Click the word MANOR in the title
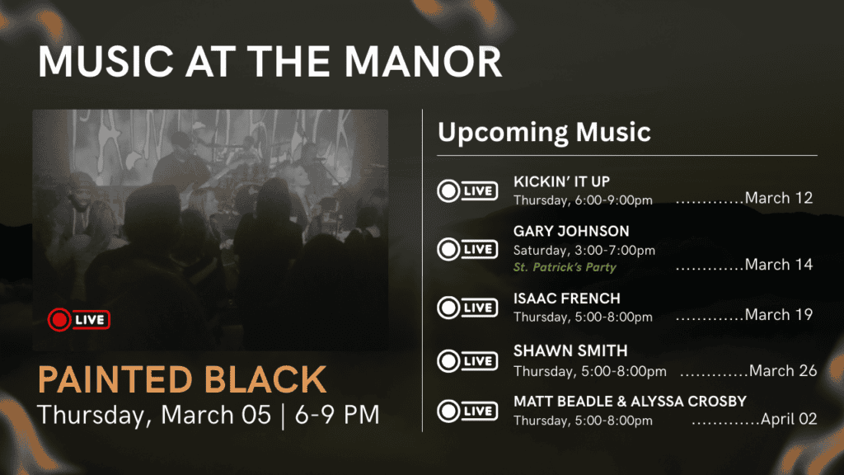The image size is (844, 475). (423, 61)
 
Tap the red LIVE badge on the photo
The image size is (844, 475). (78, 320)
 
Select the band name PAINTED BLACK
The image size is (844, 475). (182, 379)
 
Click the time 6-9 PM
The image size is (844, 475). (337, 415)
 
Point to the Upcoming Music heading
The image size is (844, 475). (544, 133)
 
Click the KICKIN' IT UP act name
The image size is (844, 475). (561, 181)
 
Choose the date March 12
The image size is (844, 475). (778, 198)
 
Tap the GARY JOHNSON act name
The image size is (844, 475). (571, 231)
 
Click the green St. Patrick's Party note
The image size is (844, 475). (565, 267)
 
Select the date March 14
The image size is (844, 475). (778, 265)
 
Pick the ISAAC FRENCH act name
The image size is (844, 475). (567, 299)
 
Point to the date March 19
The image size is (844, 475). (778, 314)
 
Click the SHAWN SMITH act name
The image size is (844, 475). (570, 351)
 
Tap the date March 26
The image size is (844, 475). (783, 370)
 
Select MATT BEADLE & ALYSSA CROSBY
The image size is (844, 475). (631, 402)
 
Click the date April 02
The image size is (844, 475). (789, 419)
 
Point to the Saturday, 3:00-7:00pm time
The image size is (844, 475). (584, 251)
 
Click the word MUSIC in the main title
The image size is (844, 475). (106, 61)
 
